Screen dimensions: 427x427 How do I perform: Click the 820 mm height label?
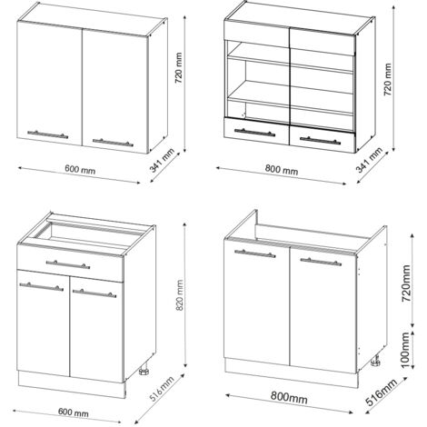(x=179, y=295)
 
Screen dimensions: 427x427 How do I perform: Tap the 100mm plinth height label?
(x=405, y=350)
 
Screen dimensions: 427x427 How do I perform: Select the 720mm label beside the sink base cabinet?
(x=406, y=283)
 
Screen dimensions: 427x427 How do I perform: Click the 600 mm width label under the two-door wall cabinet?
(x=80, y=169)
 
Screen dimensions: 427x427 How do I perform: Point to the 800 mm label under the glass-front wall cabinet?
(x=282, y=170)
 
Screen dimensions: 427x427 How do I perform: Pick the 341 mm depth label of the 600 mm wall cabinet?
(x=163, y=160)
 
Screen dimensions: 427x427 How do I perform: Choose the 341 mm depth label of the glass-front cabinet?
(x=369, y=160)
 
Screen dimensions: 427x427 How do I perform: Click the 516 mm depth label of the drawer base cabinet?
(x=163, y=389)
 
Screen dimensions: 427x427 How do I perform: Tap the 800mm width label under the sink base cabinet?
(x=289, y=397)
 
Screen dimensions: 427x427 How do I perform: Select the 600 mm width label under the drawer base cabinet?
(x=74, y=412)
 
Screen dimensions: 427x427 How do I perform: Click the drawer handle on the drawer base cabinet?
(x=68, y=264)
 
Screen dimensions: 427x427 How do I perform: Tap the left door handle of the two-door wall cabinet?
(x=47, y=134)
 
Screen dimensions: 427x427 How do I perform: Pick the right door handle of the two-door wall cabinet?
(x=113, y=143)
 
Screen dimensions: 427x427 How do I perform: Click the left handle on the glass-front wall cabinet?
(x=255, y=133)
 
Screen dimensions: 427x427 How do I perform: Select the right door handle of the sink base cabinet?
(x=321, y=262)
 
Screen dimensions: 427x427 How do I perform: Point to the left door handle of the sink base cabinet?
(x=255, y=253)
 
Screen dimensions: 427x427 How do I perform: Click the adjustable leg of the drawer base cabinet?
(x=144, y=371)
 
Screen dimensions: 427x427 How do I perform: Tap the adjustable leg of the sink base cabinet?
(x=376, y=361)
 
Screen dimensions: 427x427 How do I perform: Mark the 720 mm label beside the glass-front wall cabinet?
(x=388, y=79)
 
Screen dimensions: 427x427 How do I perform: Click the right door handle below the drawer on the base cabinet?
(x=94, y=293)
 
